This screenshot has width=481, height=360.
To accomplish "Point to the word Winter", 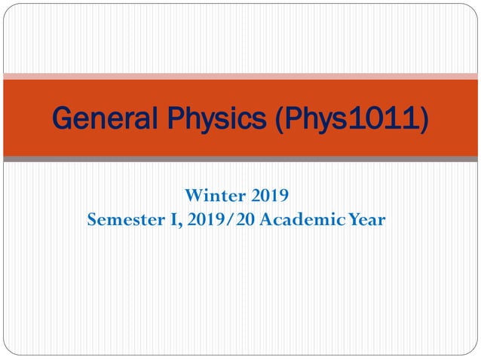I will (x=212, y=197).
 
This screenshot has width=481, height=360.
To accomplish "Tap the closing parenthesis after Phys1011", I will (x=424, y=119).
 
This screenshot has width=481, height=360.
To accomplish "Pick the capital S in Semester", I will (x=92, y=220).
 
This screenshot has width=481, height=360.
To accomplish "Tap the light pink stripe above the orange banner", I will (x=240, y=76).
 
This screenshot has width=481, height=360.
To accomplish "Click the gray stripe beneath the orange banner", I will (x=240, y=159).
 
